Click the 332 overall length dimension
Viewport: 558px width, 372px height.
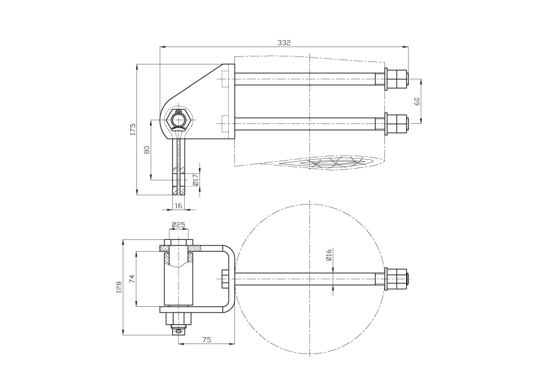tap(284, 43)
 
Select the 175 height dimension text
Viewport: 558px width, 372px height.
tap(133, 129)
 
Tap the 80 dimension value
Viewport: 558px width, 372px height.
tap(146, 149)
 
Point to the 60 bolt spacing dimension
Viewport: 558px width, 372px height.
tap(417, 101)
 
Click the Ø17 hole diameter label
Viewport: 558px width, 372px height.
tap(195, 180)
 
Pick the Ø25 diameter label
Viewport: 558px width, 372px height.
tap(179, 224)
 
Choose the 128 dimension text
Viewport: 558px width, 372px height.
tap(119, 287)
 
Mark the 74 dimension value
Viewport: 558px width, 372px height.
tap(133, 279)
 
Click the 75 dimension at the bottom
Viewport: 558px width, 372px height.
tap(206, 340)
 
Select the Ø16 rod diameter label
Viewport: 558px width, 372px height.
tap(329, 255)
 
